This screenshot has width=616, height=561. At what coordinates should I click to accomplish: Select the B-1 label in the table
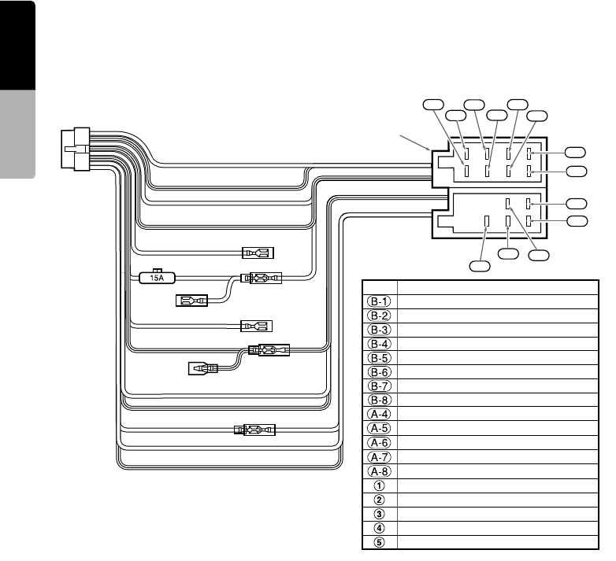(380, 301)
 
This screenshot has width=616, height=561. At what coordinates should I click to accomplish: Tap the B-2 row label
(380, 315)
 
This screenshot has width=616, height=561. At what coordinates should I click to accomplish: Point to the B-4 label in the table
(380, 343)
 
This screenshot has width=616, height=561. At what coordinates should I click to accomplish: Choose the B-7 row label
(380, 386)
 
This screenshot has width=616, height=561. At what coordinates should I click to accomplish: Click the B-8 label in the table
(380, 400)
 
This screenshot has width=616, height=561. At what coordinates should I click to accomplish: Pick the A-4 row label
(380, 415)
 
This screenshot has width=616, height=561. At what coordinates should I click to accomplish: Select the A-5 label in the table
(380, 429)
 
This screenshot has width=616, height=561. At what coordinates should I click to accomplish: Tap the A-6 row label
(380, 443)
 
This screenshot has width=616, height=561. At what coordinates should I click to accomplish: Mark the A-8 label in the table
(380, 472)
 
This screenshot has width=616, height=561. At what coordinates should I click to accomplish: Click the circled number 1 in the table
(380, 486)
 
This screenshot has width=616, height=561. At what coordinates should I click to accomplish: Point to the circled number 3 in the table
(380, 515)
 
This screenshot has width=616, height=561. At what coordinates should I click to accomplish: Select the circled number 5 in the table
(380, 543)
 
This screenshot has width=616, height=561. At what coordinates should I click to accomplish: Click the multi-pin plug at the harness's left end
(76, 149)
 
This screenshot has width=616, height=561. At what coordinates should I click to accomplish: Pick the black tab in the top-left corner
(17, 46)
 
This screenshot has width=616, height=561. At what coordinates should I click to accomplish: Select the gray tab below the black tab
(17, 136)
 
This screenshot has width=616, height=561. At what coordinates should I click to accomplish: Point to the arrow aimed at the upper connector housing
(414, 142)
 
